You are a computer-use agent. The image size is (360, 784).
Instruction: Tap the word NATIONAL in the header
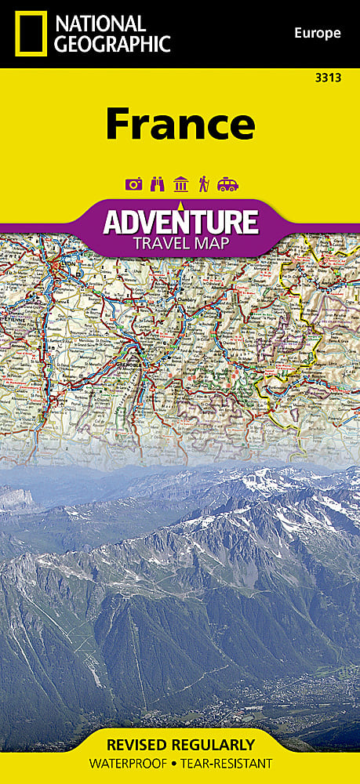(100, 24)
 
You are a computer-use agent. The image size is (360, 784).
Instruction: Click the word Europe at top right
(318, 33)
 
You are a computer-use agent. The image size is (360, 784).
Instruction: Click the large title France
(180, 123)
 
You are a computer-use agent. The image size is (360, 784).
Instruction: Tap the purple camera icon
(133, 184)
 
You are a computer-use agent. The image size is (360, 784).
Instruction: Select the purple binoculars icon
(157, 184)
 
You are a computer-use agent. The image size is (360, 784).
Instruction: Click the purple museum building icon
(180, 184)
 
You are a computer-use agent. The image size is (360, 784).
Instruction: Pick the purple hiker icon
(203, 184)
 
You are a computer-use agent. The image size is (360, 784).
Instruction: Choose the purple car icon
(227, 184)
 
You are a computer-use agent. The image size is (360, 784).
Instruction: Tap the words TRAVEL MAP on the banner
(180, 242)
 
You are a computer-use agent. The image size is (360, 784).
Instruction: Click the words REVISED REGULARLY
(180, 745)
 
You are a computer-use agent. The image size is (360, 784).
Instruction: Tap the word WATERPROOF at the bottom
(125, 764)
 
